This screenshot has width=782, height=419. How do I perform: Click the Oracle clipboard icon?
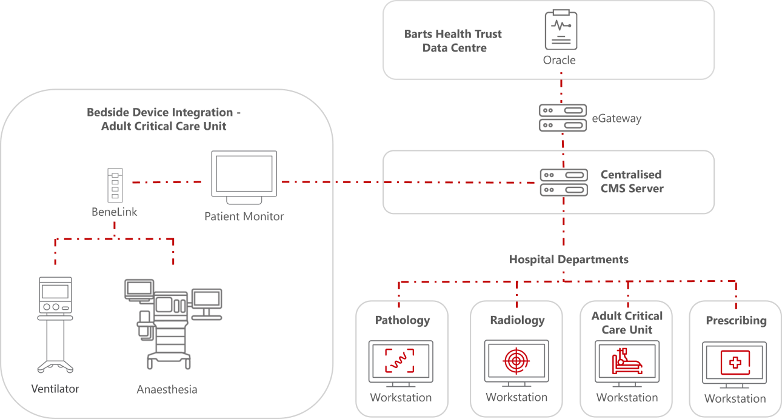(560, 30)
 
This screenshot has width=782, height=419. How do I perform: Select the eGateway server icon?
(563, 118)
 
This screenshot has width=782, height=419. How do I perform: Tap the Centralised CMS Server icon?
(564, 182)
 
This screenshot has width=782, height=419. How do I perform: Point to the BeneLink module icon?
(115, 186)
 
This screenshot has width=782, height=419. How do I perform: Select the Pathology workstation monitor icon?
(401, 363)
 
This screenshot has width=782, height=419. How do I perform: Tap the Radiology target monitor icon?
(516, 362)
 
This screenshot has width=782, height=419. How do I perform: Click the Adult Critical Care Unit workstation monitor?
(627, 363)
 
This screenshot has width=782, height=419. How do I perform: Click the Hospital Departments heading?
(568, 260)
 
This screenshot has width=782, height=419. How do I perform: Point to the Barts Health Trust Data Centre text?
(453, 41)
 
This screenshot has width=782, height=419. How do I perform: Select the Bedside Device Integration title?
(163, 119)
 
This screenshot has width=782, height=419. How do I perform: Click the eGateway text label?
(617, 118)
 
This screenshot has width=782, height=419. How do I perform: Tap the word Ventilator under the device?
(55, 389)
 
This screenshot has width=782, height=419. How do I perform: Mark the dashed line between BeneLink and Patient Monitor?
(167, 181)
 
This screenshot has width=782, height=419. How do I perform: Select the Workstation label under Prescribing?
(735, 398)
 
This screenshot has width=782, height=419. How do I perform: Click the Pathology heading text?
(402, 320)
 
